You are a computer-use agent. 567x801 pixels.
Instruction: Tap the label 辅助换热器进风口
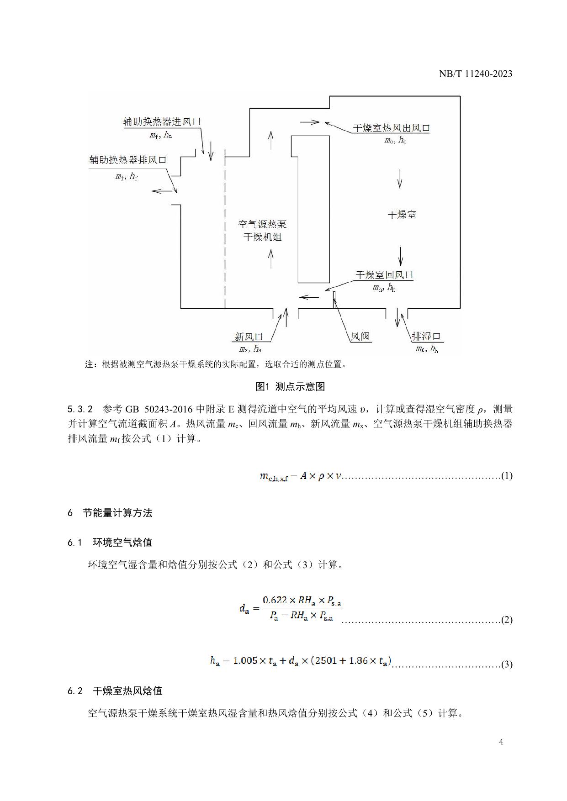pyautogui.click(x=162, y=121)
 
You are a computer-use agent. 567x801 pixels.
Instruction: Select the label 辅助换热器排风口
pyautogui.click(x=127, y=160)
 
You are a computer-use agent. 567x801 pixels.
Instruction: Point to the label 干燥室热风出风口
pyautogui.click(x=391, y=128)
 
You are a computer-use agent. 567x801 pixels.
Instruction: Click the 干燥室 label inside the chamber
pyautogui.click(x=402, y=215)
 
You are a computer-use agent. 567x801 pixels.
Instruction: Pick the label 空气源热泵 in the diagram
pyautogui.click(x=263, y=224)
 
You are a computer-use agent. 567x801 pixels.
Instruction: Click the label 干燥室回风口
pyautogui.click(x=384, y=275)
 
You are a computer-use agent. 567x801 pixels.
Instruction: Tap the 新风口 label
pyautogui.click(x=249, y=337)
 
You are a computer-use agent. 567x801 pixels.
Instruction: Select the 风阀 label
pyautogui.click(x=360, y=337)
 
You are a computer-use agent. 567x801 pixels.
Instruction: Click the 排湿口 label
pyautogui.click(x=426, y=337)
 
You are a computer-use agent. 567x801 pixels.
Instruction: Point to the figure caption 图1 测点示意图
pyautogui.click(x=290, y=387)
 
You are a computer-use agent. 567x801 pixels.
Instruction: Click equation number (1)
pyautogui.click(x=507, y=476)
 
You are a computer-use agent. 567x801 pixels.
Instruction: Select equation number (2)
pyautogui.click(x=507, y=620)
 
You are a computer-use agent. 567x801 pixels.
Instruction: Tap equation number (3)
pyautogui.click(x=507, y=664)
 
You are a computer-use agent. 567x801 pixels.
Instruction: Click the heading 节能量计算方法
pyautogui.click(x=117, y=513)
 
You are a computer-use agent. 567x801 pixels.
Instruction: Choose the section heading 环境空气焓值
pyautogui.click(x=122, y=543)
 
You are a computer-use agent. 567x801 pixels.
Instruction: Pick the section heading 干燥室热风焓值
pyautogui.click(x=127, y=691)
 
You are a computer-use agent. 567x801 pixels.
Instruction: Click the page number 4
pyautogui.click(x=501, y=742)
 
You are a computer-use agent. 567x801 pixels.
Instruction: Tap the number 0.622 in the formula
pyautogui.click(x=275, y=600)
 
